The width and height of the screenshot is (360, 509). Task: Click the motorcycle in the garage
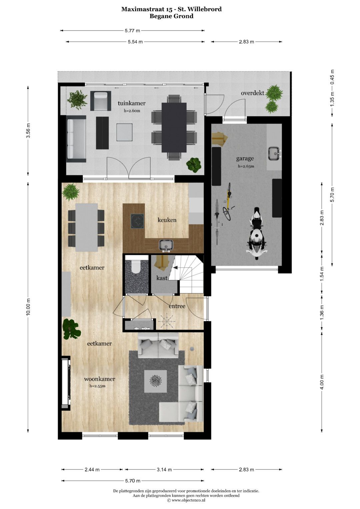(x=257, y=233)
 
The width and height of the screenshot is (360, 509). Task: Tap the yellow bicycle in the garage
(x=228, y=202)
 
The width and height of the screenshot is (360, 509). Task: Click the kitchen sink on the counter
(x=166, y=246)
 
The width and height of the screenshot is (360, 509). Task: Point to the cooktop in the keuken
(x=137, y=221)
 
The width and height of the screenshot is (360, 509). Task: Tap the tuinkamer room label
(x=132, y=103)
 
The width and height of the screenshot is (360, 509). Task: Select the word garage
(x=245, y=158)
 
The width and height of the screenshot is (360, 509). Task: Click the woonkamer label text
(x=100, y=379)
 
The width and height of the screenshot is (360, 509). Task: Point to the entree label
(x=177, y=306)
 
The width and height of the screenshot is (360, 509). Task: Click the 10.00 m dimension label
(x=28, y=307)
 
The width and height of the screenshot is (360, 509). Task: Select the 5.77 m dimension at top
(x=132, y=30)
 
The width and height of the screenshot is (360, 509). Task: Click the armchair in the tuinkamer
(x=101, y=101)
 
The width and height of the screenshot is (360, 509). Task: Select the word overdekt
(x=253, y=93)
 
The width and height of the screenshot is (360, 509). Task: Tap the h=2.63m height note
(x=246, y=166)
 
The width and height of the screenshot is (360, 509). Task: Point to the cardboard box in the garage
(x=219, y=138)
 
